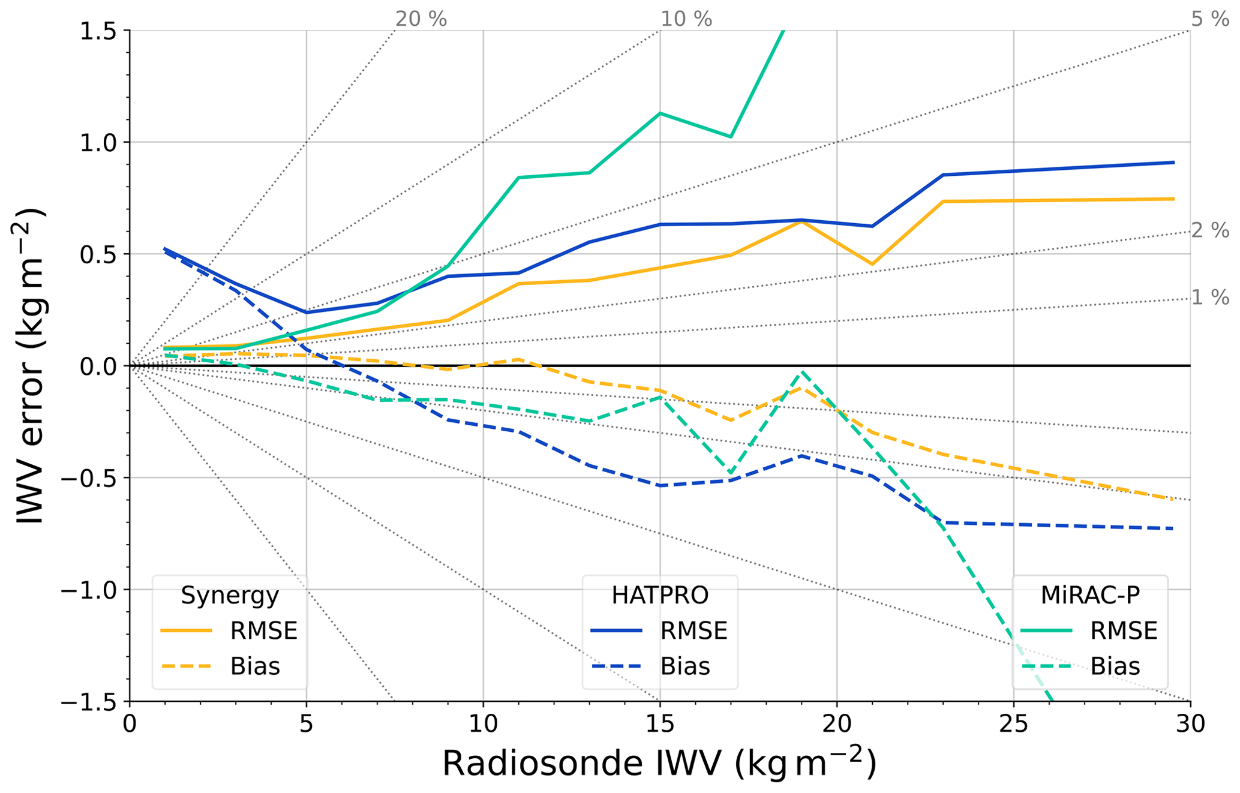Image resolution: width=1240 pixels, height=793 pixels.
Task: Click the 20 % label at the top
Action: pyautogui.click(x=421, y=19)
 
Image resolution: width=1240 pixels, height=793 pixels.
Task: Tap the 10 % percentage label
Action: pyautogui.click(x=686, y=19)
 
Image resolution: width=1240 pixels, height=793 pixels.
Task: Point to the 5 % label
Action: pyautogui.click(x=1209, y=19)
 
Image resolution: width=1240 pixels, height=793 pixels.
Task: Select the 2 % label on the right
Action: pyautogui.click(x=1209, y=230)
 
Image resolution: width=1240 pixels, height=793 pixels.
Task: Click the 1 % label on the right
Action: pyautogui.click(x=1209, y=298)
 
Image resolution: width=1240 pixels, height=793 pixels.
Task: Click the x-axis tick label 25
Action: pyautogui.click(x=1013, y=724)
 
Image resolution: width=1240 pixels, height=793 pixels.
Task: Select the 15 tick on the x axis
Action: pyautogui.click(x=660, y=724)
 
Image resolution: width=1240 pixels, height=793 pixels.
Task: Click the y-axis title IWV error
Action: pyautogui.click(x=30, y=366)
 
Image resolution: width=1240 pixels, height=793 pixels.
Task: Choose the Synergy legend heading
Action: pyautogui.click(x=230, y=595)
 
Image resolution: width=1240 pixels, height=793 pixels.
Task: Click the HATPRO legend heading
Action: pyautogui.click(x=660, y=595)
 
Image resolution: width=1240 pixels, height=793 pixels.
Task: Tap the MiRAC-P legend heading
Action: pyautogui.click(x=1090, y=595)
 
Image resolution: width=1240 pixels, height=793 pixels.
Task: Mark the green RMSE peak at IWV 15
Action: pyautogui.click(x=660, y=113)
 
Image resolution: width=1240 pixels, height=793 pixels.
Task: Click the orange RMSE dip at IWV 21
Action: pyautogui.click(x=872, y=264)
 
